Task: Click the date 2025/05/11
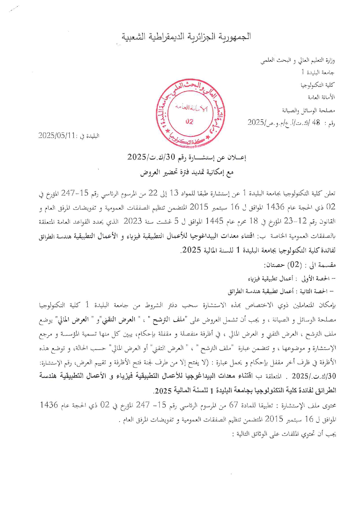pyautogui.click(x=57, y=135)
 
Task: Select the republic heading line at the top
pyautogui.click(x=187, y=37)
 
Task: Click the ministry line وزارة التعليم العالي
pyautogui.click(x=298, y=60)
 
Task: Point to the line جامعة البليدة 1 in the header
pyautogui.click(x=318, y=72)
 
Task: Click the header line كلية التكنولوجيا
pyautogui.click(x=317, y=85)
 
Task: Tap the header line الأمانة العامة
pyautogui.click(x=321, y=97)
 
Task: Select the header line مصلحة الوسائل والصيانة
pyautogui.click(x=309, y=110)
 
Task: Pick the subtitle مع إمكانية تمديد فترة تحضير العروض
pyautogui.click(x=187, y=173)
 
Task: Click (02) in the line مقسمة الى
pyautogui.click(x=294, y=265)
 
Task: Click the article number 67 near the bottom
pyautogui.click(x=233, y=405)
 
